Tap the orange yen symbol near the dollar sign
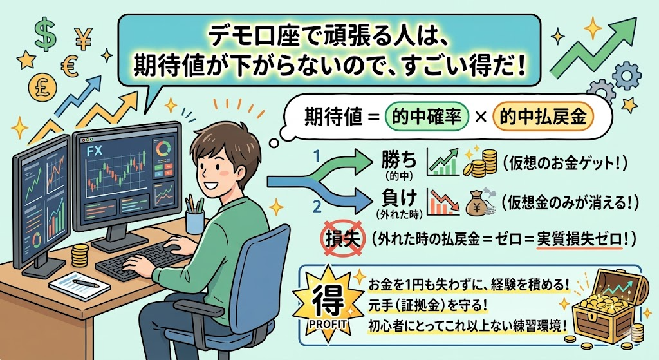(x=84, y=39)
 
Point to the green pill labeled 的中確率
(x=426, y=117)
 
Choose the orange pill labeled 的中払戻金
(x=542, y=117)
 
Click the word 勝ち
(x=398, y=160)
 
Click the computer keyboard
(x=145, y=258)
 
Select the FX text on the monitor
(x=94, y=151)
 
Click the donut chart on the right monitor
(x=163, y=149)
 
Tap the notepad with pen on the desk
(x=80, y=285)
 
